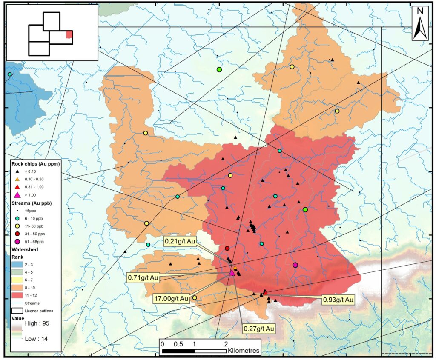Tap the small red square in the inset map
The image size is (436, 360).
coord(69,35)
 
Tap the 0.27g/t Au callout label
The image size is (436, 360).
coord(258,329)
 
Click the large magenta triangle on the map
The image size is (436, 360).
coord(232,273)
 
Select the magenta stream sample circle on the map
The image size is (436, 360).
coord(295,265)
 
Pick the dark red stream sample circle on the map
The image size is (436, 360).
coord(227,248)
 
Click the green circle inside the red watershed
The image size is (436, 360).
coord(305,209)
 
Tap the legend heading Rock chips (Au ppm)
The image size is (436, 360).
coord(34,163)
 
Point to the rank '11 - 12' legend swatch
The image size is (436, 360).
coord(17,294)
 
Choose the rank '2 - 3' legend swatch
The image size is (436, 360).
coord(17,266)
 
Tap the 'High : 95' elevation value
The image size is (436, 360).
coord(36,323)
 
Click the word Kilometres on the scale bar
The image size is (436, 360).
coord(244,351)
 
